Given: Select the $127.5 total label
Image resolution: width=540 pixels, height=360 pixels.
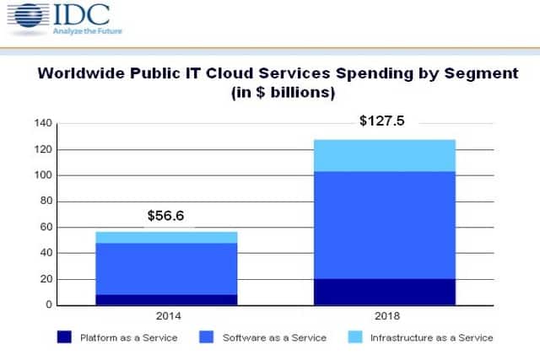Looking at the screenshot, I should (381, 121).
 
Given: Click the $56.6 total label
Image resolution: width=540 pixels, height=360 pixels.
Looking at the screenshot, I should (165, 216).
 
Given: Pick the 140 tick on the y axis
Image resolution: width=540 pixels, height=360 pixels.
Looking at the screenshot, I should (43, 124).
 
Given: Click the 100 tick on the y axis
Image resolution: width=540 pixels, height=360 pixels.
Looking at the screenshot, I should (43, 175).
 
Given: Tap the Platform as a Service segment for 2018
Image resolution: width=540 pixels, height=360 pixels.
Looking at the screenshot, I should (383, 292).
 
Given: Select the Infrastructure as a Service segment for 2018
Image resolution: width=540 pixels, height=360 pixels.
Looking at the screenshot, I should (383, 155).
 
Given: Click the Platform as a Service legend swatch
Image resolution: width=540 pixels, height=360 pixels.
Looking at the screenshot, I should (65, 338).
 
